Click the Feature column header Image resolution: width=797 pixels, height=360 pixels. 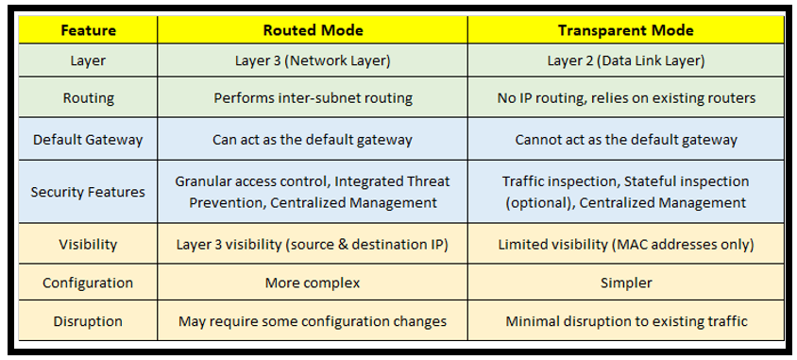coord(89,30)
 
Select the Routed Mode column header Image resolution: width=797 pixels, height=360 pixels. coord(313,30)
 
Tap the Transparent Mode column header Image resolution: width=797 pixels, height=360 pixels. coord(626,30)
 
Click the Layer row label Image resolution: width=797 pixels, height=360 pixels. coord(89,60)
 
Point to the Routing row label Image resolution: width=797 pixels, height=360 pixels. coord(89,97)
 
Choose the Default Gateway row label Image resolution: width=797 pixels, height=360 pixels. coord(89,139)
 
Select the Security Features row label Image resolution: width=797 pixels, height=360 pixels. coord(89,192)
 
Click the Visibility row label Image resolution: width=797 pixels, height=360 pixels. coord(89,244)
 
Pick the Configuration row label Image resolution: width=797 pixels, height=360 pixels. coord(89,283)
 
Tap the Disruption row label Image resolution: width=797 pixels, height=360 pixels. coord(89,321)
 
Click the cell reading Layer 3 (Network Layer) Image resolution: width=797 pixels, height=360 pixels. coord(313,60)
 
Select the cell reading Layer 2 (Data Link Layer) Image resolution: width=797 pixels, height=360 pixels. coord(626,60)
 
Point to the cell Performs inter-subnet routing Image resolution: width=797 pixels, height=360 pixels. coord(313,97)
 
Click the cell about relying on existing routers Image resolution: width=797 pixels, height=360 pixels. coord(626,97)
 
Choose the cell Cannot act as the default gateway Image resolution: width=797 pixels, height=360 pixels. coord(626,139)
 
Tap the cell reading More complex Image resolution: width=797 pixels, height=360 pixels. coord(313,283)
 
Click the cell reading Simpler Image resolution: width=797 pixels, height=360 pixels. coord(626,283)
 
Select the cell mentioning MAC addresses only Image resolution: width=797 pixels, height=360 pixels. coord(626,244)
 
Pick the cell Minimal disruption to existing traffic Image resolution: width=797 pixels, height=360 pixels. coord(626,321)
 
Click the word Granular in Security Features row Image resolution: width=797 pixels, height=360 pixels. coord(203,181)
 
